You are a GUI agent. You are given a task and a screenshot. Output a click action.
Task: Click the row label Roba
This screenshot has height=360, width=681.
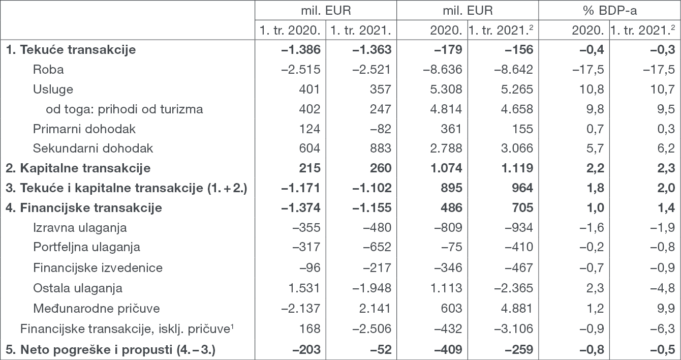tap(48, 70)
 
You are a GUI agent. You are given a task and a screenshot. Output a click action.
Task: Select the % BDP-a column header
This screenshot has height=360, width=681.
tap(609, 11)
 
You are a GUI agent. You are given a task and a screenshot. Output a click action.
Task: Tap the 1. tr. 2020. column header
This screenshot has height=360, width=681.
tap(290, 31)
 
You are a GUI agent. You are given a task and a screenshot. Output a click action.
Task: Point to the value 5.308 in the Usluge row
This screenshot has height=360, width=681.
tap(446, 89)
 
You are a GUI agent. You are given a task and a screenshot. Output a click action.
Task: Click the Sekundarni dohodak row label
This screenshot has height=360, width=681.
tap(93, 148)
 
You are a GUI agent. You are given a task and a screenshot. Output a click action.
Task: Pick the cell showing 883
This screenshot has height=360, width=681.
tap(380, 148)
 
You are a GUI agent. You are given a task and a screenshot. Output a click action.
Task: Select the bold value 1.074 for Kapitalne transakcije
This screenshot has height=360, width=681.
tap(446, 168)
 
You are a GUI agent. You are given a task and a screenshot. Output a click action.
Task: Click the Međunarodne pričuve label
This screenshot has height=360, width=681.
tap(97, 309)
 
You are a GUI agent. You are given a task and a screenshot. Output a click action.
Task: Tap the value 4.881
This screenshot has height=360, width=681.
tap(517, 309)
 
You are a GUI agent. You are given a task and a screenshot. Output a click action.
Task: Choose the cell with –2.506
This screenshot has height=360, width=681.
tap(372, 328)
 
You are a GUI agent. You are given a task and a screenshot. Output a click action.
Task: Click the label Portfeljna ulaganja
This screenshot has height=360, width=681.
tap(86, 247)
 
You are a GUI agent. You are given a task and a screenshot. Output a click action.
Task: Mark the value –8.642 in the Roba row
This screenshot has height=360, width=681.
tap(513, 70)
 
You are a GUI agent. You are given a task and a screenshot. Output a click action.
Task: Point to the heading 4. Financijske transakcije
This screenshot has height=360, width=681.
tap(84, 208)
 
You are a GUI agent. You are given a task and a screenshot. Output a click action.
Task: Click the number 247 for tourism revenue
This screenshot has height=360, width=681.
tap(380, 109)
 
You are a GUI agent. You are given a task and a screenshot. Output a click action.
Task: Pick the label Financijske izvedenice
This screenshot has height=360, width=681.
tap(98, 268)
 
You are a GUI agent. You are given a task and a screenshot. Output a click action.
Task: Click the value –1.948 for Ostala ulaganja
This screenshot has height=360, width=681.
tap(372, 288)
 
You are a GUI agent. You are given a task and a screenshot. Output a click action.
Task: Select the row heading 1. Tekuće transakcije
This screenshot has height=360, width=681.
tap(71, 49)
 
